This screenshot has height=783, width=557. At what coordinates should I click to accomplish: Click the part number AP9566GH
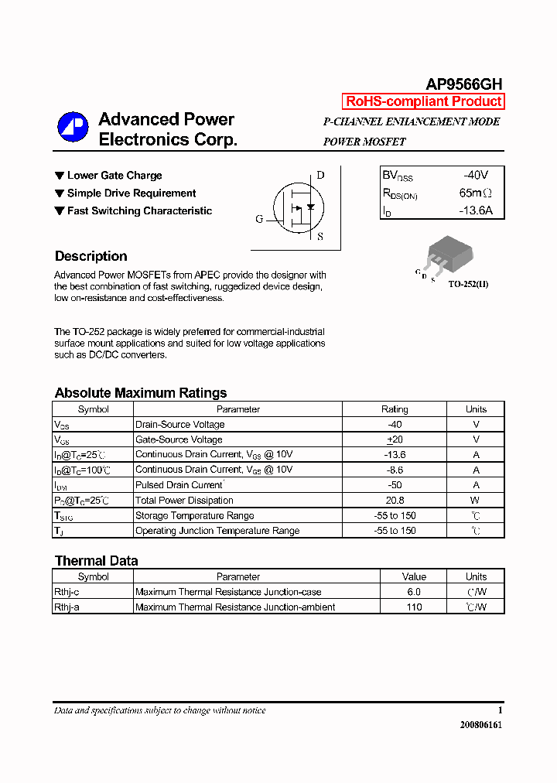[x=464, y=84]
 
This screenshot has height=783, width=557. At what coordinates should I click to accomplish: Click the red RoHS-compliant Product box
[x=423, y=101]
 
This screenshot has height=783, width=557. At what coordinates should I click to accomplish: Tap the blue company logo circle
[x=73, y=128]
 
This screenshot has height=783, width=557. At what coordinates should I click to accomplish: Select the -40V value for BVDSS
[x=476, y=176]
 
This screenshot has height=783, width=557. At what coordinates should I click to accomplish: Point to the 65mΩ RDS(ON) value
[x=476, y=193]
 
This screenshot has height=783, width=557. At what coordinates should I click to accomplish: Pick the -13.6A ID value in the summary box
[x=475, y=210]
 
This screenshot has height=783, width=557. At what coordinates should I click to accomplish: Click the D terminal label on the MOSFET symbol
[x=320, y=176]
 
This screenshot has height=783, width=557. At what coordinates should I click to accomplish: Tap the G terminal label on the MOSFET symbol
[x=259, y=219]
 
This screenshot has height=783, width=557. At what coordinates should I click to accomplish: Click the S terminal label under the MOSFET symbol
[x=320, y=237]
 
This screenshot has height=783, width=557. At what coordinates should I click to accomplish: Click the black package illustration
[x=443, y=252]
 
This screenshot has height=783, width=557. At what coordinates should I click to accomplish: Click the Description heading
[x=91, y=256]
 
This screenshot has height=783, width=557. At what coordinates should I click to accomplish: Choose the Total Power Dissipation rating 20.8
[x=395, y=501]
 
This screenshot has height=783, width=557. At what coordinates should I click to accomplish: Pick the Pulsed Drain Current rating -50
[x=395, y=485]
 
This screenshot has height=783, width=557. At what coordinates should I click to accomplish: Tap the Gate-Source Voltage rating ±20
[x=395, y=439]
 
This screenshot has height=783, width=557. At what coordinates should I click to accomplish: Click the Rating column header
[x=395, y=409]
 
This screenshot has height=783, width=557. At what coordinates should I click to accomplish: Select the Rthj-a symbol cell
[x=67, y=607]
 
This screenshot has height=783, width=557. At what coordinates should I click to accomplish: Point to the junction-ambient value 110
[x=414, y=607]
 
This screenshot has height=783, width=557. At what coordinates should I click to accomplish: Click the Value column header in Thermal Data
[x=414, y=576]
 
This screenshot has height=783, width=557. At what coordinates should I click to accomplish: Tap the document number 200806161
[x=480, y=726]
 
